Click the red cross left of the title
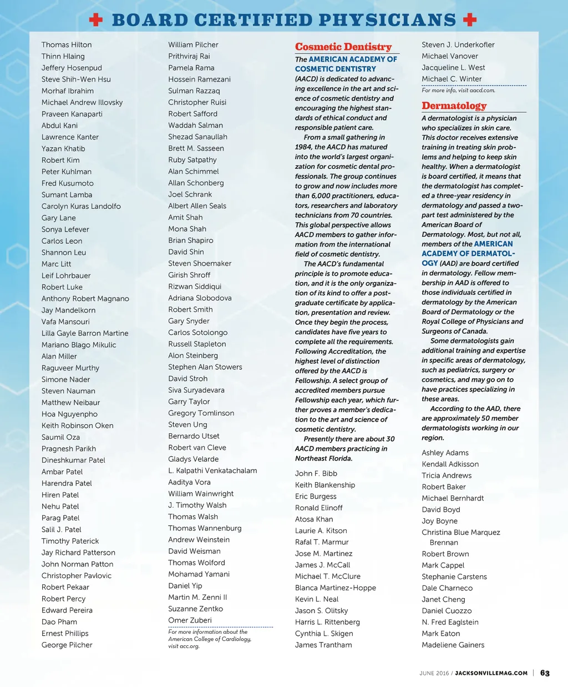[x=96, y=21]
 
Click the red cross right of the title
[x=470, y=21]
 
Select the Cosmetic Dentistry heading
[x=343, y=47]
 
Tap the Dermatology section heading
[x=454, y=106]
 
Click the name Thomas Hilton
[x=67, y=45]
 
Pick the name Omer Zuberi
[x=190, y=620]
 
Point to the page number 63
[x=545, y=673]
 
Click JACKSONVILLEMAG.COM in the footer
[x=491, y=673]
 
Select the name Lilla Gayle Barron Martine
[x=85, y=333]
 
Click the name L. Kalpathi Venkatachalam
[x=212, y=471]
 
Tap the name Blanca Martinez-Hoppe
[x=335, y=588]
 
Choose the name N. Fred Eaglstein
[x=450, y=622]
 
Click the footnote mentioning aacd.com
[x=458, y=91]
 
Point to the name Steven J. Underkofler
[x=458, y=45]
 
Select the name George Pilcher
[x=67, y=645]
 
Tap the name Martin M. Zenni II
[x=197, y=597]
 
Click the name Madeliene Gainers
[x=453, y=645]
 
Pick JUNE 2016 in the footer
[x=434, y=673]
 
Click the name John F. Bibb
[x=316, y=474]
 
